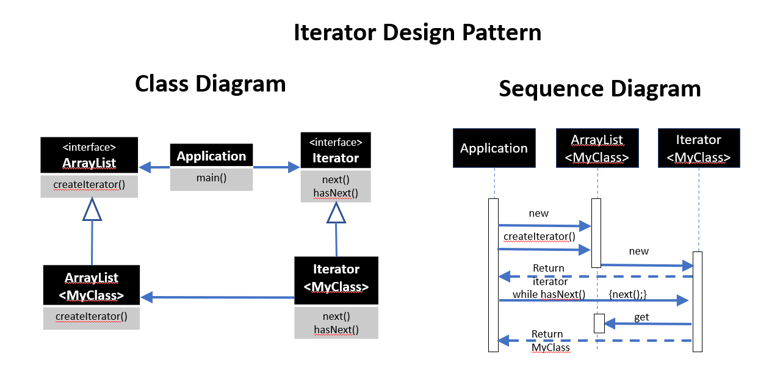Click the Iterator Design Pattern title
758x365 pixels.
[417, 32]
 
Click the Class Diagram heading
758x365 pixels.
[210, 84]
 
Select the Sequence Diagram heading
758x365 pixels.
[599, 89]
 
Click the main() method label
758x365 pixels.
[211, 179]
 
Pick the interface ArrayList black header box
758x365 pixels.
[89, 155]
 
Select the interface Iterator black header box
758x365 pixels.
[336, 151]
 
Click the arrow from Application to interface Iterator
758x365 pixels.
[276, 167]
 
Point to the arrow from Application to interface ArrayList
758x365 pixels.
[154, 167]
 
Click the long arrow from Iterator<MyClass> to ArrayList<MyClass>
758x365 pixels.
[217, 297]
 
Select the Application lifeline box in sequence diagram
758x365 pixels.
[494, 148]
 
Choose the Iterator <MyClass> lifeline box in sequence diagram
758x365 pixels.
[699, 148]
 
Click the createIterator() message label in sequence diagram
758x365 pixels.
[540, 236]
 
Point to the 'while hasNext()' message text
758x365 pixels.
[549, 295]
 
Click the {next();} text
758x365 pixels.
[627, 294]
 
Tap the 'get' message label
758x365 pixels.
[642, 317]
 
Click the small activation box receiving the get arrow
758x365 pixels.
[599, 323]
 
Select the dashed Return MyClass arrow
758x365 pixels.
[595, 341]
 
